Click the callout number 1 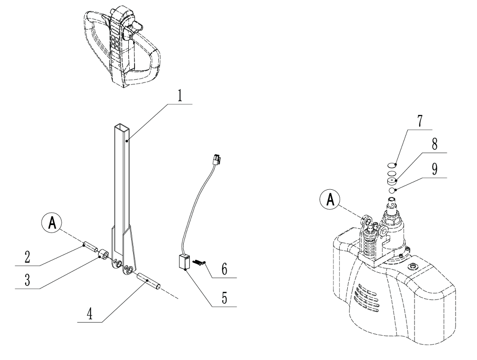point(180,95)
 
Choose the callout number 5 point(225,299)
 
